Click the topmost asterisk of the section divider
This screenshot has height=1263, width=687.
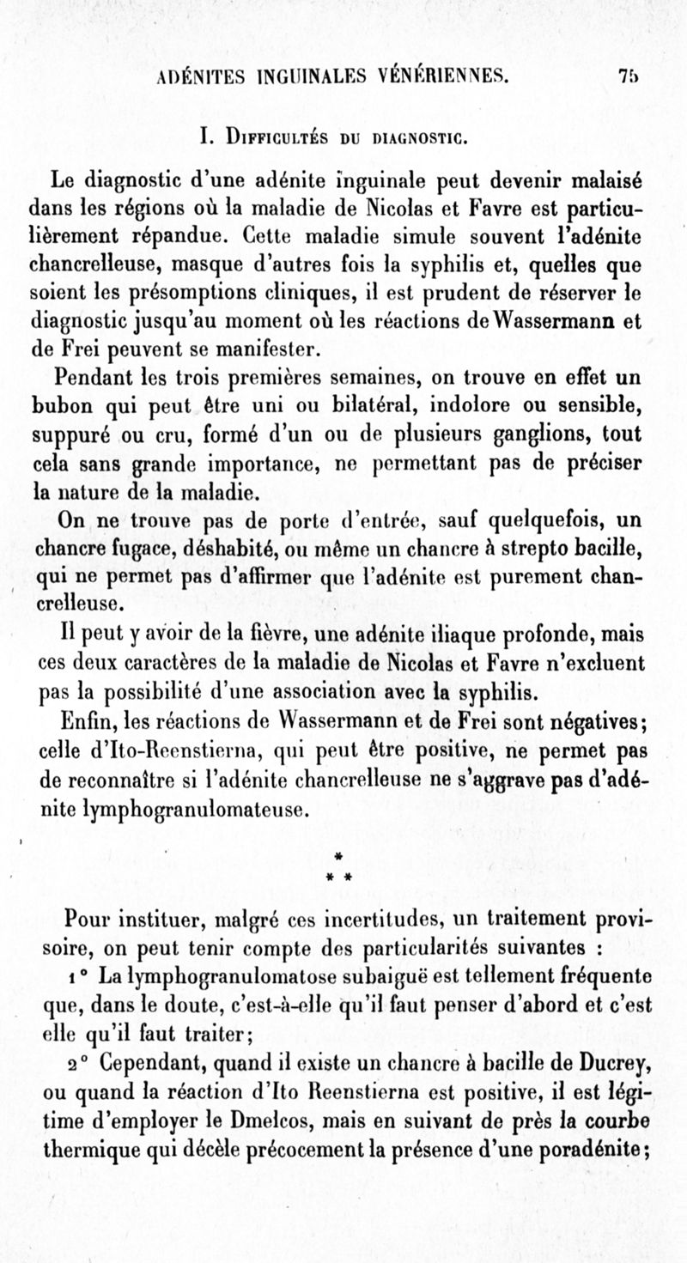pyautogui.click(x=339, y=856)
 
